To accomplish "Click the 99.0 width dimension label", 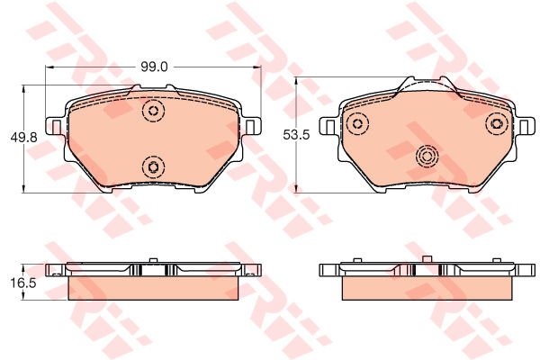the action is (x=154, y=67).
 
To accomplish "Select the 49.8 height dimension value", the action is (x=23, y=138).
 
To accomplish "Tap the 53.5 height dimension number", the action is (x=296, y=135).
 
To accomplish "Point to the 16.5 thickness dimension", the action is (x=23, y=283).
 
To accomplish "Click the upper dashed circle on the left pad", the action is (x=153, y=111).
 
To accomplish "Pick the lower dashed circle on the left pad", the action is (x=153, y=166).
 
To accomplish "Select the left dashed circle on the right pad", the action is (x=358, y=123).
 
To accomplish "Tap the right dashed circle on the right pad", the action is (x=497, y=123).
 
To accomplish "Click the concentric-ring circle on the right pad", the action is (x=427, y=157).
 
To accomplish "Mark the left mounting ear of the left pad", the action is (x=55, y=127).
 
